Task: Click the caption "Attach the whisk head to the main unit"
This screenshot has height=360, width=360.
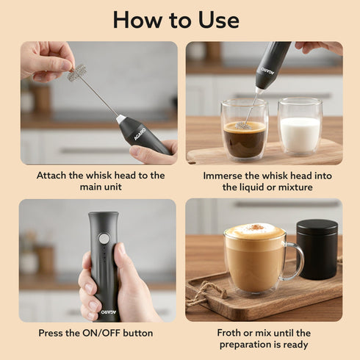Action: click(101, 181)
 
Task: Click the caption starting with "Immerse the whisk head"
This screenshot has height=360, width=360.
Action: click(264, 181)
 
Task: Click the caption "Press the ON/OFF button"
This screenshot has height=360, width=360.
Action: click(97, 333)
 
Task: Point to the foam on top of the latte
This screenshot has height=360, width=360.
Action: click(254, 231)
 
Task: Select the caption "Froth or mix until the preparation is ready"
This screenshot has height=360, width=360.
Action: click(264, 339)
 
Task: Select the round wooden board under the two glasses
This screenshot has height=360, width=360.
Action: click(264, 154)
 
